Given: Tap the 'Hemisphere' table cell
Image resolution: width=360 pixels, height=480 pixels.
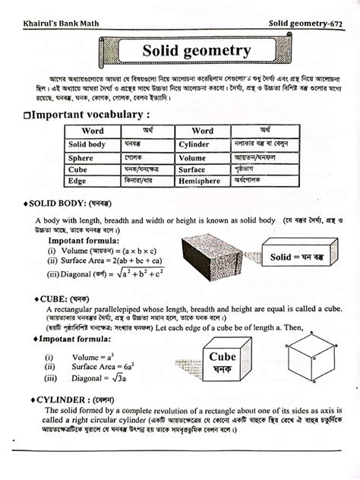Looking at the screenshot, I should tap(200, 182).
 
